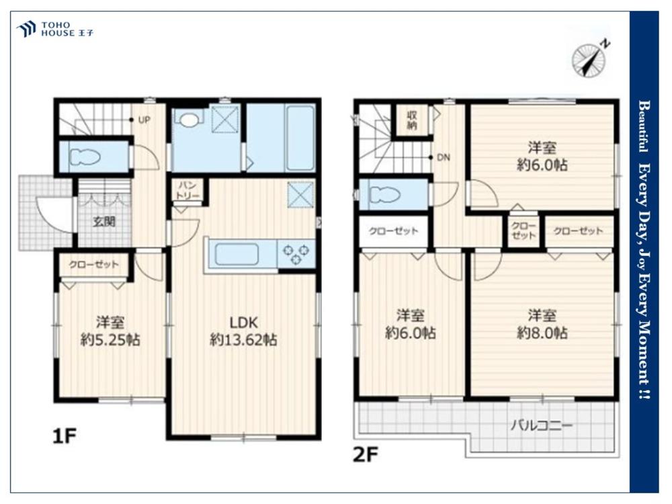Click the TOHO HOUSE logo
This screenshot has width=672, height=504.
click(55, 29)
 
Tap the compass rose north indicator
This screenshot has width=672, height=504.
click(591, 58)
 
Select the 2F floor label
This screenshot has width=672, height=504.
click(365, 455)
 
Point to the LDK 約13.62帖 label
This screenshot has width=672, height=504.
click(243, 331)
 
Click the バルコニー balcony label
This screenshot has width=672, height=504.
click(541, 425)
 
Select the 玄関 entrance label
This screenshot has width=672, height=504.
click(104, 222)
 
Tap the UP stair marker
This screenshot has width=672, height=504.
click(144, 120)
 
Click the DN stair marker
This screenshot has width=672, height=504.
click(444, 158)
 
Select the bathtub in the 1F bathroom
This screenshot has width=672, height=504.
click(300, 138)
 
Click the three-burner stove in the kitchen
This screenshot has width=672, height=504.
click(296, 254)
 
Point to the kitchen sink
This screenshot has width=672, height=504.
click(237, 254)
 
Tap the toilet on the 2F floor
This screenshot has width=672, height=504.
click(384, 196)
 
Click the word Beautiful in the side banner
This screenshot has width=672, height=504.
click(644, 126)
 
